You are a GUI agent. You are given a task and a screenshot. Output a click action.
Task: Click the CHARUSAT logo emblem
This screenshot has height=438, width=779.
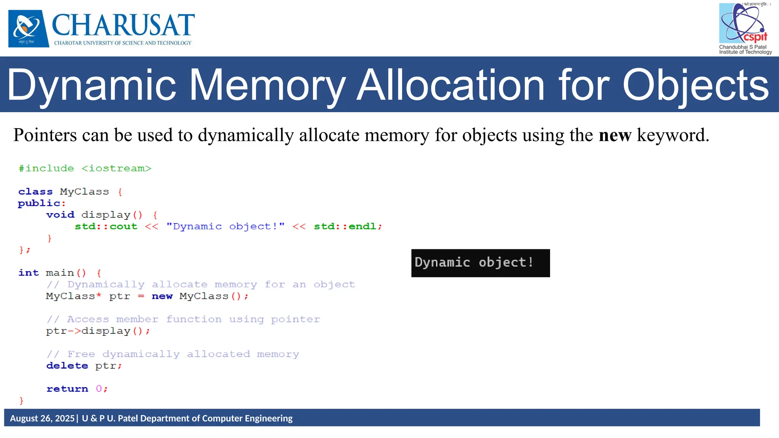point(29,29)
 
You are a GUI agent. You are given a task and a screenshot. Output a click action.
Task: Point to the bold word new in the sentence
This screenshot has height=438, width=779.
point(615,135)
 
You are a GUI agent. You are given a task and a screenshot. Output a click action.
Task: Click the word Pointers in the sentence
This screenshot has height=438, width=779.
point(45,135)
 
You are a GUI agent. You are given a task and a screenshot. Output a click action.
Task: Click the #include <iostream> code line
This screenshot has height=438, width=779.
point(85,168)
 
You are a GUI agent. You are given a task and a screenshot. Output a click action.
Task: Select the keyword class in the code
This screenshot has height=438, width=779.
point(35,192)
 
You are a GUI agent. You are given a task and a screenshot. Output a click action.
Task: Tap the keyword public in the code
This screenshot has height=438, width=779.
point(39,203)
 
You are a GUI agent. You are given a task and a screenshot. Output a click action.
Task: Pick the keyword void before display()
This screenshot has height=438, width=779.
point(60,215)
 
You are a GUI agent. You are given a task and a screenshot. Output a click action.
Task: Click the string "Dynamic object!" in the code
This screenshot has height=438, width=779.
point(225,227)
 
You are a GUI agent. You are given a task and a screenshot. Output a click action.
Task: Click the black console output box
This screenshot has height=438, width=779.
point(480,263)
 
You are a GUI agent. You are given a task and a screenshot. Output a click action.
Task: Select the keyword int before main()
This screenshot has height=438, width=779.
point(29,273)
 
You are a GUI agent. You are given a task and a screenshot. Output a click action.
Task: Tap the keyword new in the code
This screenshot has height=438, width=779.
point(162,296)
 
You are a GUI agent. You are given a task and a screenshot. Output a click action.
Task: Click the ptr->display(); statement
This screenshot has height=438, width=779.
point(98,331)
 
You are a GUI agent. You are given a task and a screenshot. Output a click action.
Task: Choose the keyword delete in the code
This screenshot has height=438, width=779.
point(67,366)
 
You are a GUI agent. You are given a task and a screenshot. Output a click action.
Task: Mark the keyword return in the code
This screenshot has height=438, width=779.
point(67,389)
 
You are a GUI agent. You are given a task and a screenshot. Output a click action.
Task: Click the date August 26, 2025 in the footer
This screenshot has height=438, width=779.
point(42,418)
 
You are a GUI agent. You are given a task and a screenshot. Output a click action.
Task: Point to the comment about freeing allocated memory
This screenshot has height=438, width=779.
point(173,354)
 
